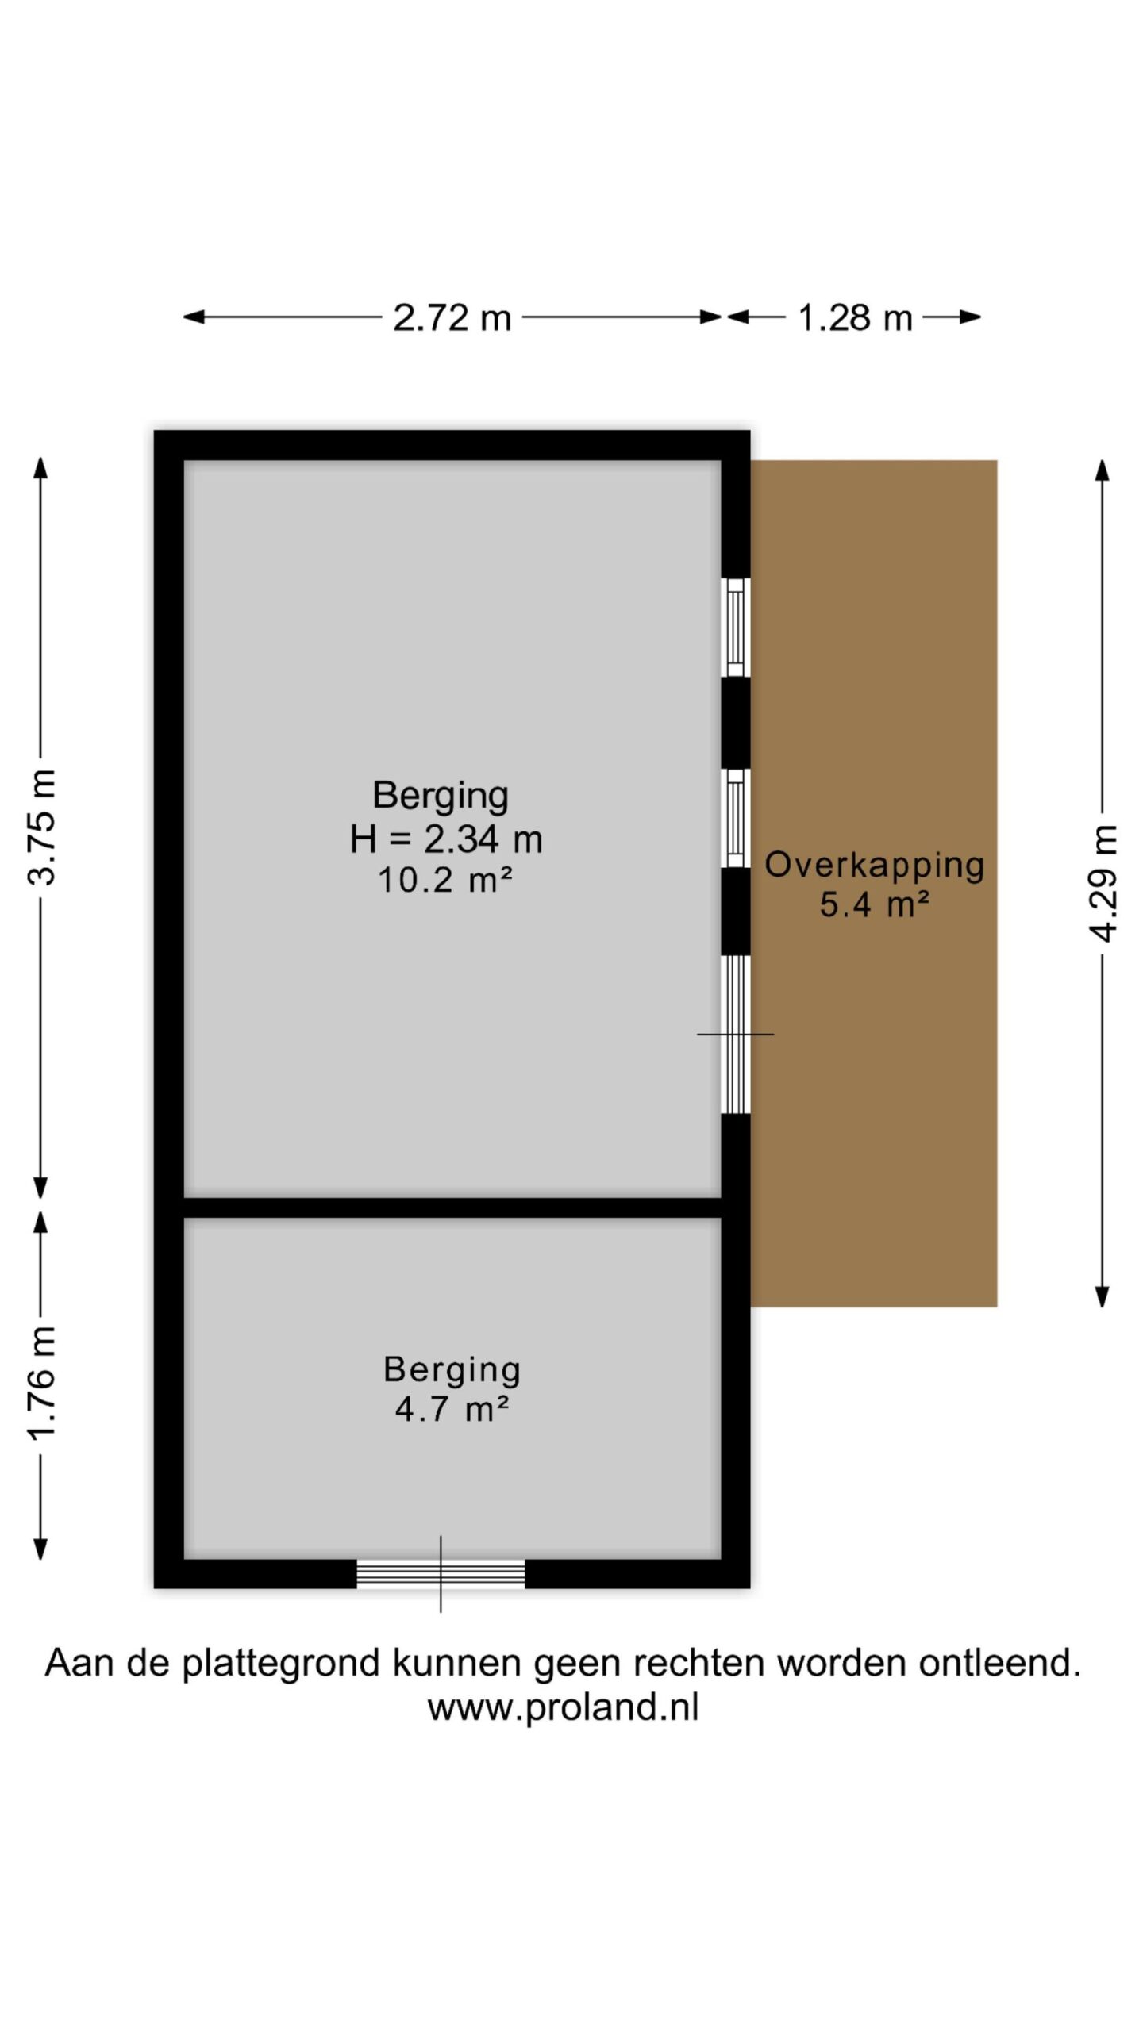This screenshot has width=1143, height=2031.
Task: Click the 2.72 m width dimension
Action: [452, 318]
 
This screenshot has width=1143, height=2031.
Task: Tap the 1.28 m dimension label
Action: [855, 318]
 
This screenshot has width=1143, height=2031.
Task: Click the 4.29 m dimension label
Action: [1103, 883]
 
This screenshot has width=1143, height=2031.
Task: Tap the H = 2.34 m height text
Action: [446, 839]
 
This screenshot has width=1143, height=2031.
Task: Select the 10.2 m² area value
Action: [444, 880]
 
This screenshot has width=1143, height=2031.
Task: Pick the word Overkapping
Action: [874, 866]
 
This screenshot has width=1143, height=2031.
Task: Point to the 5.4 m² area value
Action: [875, 904]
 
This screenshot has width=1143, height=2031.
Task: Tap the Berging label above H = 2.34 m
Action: [441, 797]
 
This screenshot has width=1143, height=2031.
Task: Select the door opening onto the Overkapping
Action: [736, 1035]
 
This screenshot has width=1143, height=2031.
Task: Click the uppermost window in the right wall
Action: [736, 627]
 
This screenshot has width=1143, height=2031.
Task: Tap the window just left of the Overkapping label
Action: [736, 818]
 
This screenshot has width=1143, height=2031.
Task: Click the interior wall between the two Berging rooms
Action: [452, 1207]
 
